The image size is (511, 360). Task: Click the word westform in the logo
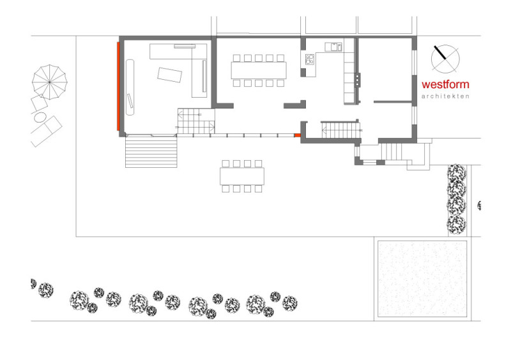[445, 84]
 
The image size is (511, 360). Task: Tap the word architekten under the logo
[445, 96]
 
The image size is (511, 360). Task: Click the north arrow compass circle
[445, 59]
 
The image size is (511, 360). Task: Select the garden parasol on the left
[50, 82]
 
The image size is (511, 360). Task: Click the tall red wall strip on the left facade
[119, 86]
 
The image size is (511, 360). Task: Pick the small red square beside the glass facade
[297, 135]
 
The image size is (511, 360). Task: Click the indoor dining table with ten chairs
[259, 71]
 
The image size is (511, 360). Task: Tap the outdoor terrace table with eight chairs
[242, 176]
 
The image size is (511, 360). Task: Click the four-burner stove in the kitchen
[310, 59]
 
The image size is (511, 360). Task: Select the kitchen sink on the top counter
[333, 47]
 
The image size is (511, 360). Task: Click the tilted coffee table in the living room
[169, 75]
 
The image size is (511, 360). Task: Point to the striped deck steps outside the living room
[151, 152]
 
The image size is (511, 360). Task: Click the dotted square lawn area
[422, 279]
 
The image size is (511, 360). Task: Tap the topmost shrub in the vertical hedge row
[456, 173]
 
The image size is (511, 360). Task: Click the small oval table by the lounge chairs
[40, 117]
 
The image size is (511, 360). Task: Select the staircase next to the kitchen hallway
[340, 130]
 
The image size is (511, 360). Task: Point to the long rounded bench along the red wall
[130, 87]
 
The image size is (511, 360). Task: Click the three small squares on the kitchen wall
[358, 80]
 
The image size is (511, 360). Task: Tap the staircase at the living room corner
[196, 121]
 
